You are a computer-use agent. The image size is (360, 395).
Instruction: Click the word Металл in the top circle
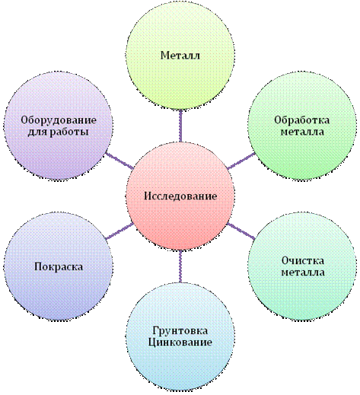[180, 56]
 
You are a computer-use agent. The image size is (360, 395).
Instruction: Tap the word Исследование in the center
[180, 196]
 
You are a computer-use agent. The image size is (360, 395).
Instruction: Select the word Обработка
[301, 119]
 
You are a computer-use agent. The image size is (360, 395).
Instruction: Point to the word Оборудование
[59, 120]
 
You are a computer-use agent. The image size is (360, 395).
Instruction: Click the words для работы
[58, 132]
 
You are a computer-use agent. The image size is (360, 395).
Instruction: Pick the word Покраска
[59, 266]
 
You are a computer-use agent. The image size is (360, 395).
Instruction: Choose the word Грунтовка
[180, 331]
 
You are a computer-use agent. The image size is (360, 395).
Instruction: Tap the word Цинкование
[180, 342]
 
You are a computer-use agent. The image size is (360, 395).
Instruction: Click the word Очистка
[303, 260]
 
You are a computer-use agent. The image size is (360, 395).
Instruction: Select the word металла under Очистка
[303, 272]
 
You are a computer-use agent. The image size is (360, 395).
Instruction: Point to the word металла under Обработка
[302, 132]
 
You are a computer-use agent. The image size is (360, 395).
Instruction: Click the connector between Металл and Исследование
[180, 126]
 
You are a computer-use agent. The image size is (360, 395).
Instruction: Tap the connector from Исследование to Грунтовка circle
[180, 266]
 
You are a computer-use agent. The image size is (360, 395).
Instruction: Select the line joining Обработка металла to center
[241, 161]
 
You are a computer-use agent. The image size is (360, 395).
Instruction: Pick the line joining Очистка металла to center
[241, 231]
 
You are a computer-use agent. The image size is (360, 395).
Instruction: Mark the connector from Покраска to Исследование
[119, 231]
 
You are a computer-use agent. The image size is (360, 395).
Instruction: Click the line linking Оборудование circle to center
[119, 161]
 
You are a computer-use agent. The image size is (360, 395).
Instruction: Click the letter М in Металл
[165, 56]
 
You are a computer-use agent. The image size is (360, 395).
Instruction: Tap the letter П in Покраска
[38, 266]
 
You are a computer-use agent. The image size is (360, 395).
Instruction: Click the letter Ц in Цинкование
[151, 342]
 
